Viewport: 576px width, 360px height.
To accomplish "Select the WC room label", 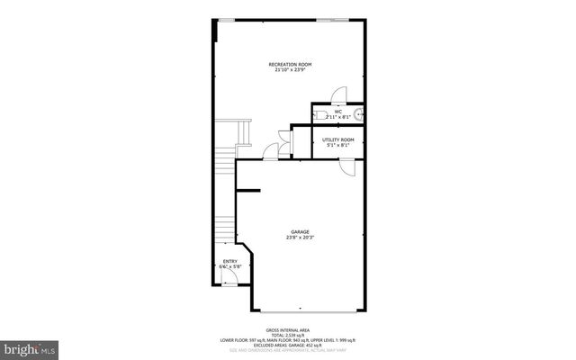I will coord(337,112).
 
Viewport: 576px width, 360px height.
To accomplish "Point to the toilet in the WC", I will coord(319,114).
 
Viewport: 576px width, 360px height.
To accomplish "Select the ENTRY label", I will coord(230,261).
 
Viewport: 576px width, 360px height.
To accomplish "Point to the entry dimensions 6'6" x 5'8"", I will coord(230,267).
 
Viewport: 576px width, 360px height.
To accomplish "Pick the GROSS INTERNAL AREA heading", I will coord(287,330).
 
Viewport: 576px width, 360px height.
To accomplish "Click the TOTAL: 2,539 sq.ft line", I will coord(287,335).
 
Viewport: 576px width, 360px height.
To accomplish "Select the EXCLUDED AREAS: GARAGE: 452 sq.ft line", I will coord(287,345).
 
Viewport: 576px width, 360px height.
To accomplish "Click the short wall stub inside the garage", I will coord(248,190).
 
